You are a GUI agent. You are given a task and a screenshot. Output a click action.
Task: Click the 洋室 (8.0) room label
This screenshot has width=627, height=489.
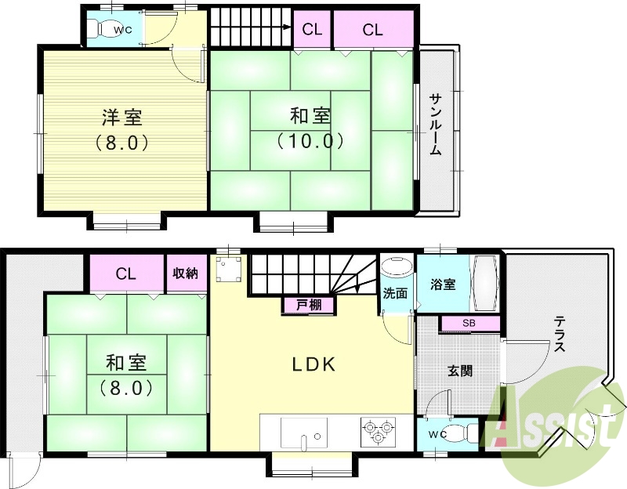coord(121,130)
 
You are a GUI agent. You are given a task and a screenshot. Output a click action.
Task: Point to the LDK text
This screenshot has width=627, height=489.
coord(314,364)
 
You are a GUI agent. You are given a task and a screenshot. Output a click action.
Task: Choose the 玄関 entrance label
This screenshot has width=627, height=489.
coord(460,371)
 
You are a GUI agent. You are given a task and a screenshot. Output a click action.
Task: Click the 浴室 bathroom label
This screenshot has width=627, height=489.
coord(443,285)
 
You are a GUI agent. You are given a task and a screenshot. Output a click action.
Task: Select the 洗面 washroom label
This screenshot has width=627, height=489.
coord(395,294)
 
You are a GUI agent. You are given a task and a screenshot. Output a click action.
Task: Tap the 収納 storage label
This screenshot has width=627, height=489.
coord(185,273)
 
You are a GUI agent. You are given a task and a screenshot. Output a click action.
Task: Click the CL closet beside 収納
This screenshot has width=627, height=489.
coord(126,273)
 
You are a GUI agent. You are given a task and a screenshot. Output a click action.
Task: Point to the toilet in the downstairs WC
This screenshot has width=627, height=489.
coord(466,432)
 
